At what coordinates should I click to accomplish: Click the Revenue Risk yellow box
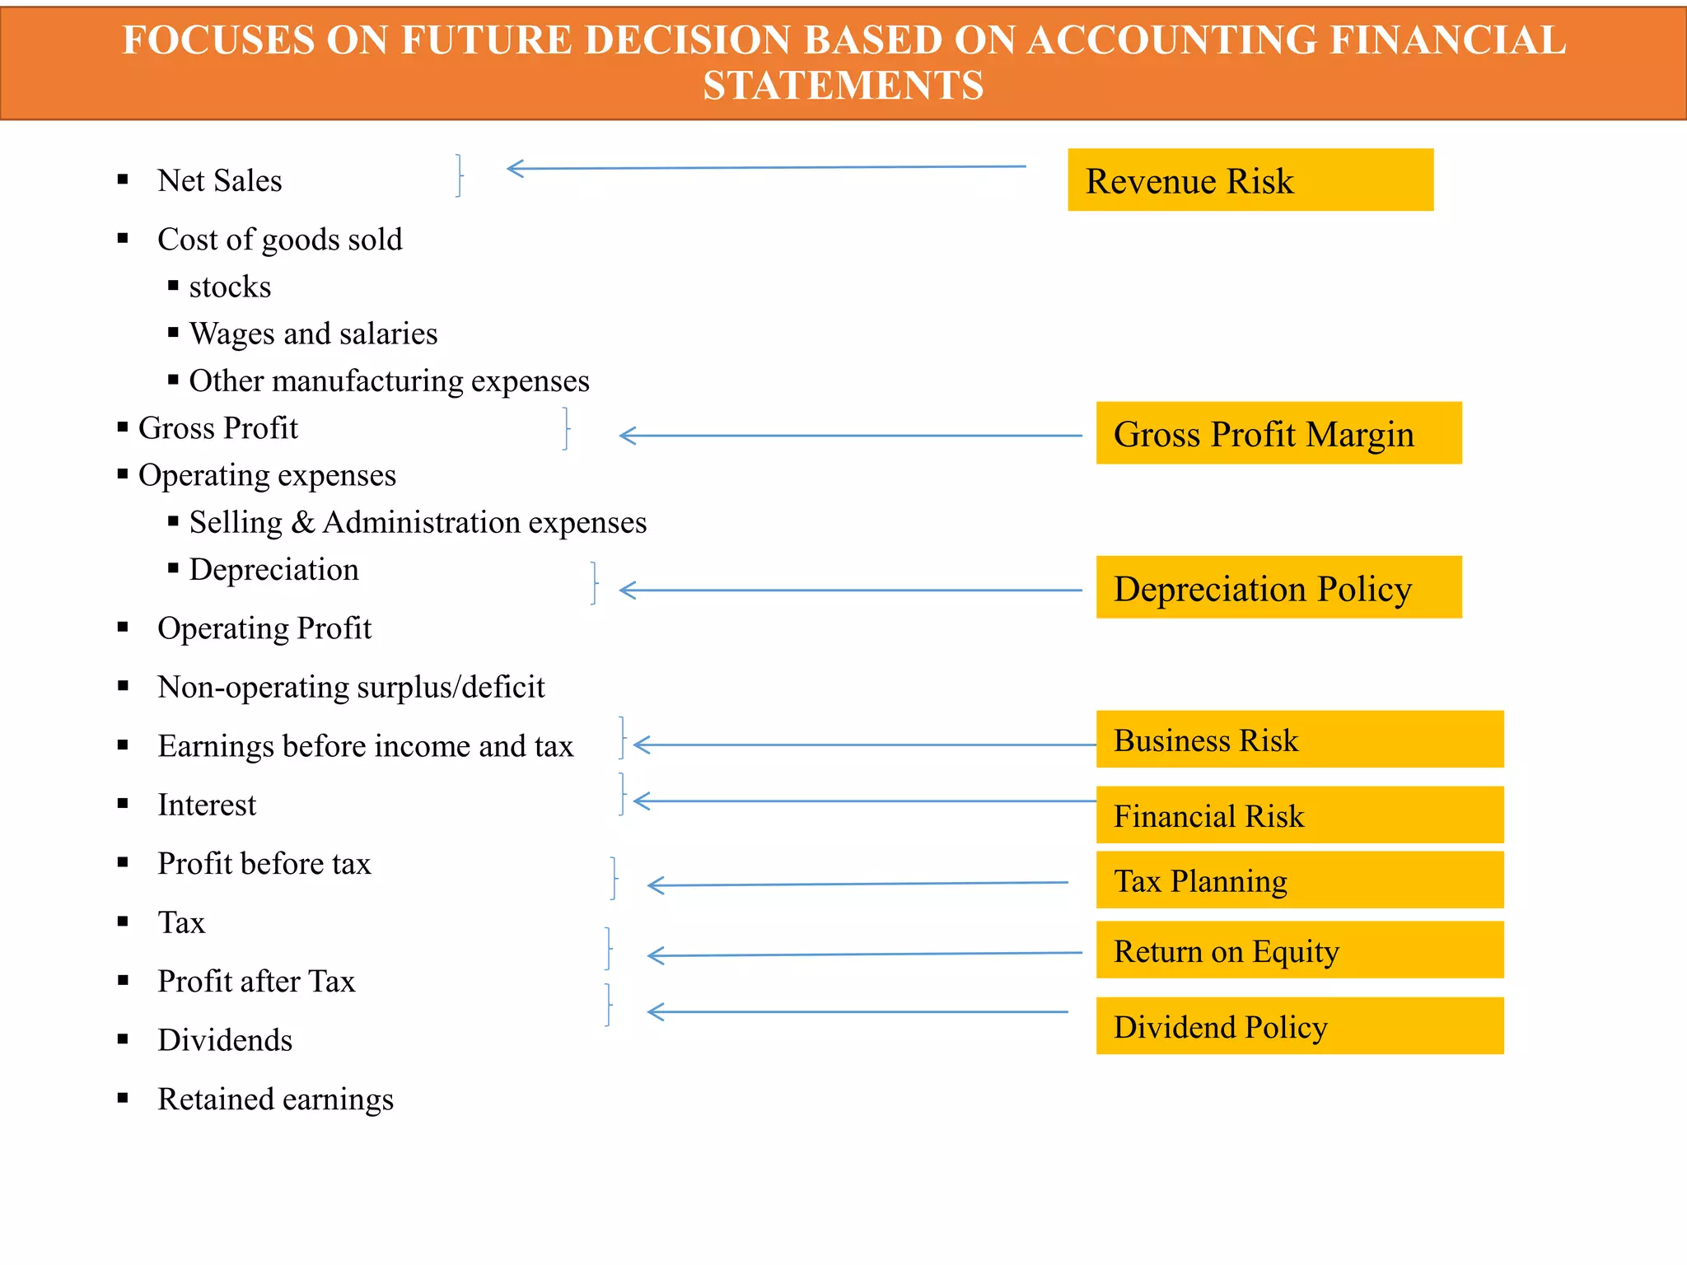1250,180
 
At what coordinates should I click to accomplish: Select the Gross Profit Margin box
1278,433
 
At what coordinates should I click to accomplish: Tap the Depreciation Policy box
1278,587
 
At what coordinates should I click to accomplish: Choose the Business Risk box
1299,739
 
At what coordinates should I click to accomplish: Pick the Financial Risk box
1299,815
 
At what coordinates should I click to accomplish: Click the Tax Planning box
1299,880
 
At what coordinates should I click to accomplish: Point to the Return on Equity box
1299,950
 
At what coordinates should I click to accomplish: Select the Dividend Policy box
1299,1025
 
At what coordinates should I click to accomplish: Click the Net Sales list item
219,180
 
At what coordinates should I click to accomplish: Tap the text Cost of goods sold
279,240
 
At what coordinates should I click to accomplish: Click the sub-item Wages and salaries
313,334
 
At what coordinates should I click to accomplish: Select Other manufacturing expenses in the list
389,381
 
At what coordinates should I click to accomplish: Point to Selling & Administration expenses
418,522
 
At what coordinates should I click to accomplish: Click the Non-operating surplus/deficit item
351,687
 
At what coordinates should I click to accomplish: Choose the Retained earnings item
275,1099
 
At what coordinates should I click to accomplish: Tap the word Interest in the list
207,805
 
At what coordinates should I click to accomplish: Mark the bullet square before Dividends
123,1039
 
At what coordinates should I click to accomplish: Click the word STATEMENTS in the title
843,85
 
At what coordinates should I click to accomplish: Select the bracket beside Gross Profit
567,428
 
